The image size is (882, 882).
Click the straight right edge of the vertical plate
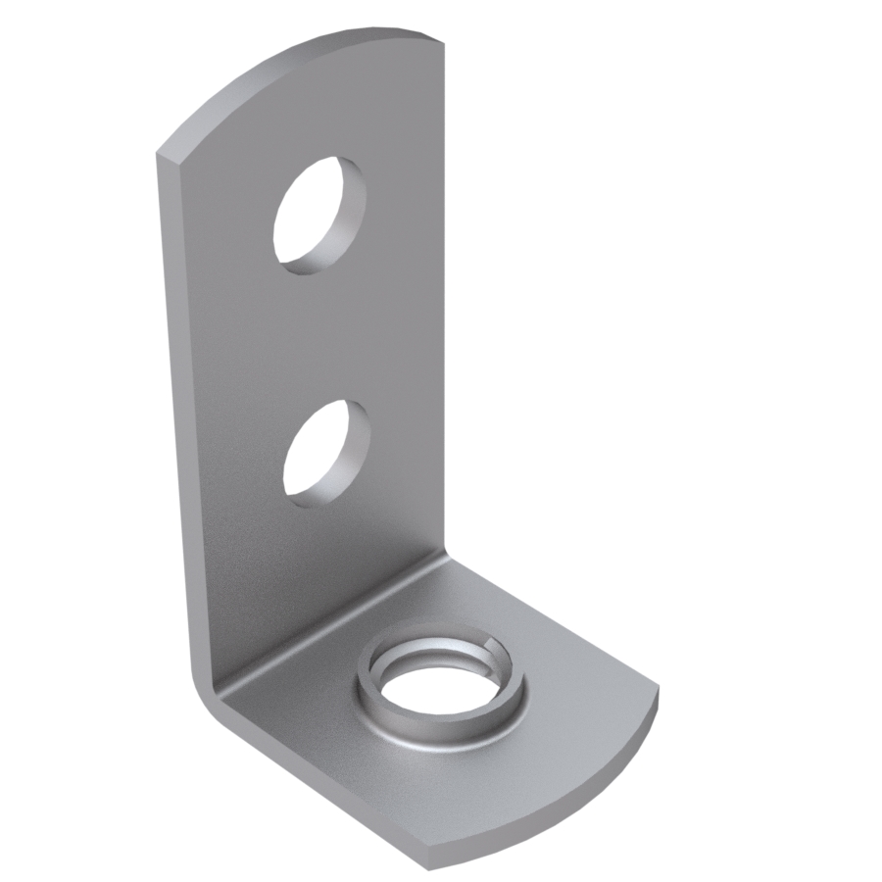click(x=444, y=294)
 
